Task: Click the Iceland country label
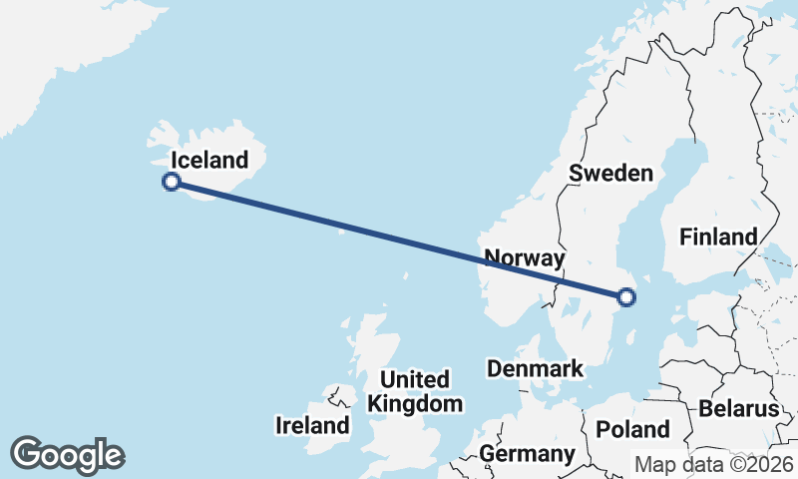(x=208, y=160)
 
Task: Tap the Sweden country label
(x=610, y=173)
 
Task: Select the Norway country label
(x=525, y=258)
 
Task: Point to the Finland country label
(x=718, y=238)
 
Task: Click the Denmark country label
(x=535, y=369)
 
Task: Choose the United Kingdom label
(x=415, y=392)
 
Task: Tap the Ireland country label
(x=312, y=426)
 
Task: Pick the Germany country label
(x=528, y=455)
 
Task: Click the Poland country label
(x=632, y=430)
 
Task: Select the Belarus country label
(x=738, y=409)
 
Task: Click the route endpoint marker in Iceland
(x=172, y=182)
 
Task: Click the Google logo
(x=67, y=455)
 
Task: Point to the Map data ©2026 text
(x=714, y=465)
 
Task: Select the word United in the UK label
(x=415, y=380)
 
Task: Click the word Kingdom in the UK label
(x=415, y=404)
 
